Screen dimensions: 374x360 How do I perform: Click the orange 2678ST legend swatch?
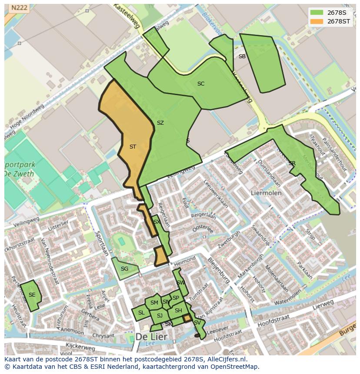tap(317, 21)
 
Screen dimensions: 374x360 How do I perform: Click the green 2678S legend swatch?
tap(317, 12)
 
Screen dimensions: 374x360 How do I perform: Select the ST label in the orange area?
tap(133, 147)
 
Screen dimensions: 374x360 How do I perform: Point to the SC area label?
tap(200, 84)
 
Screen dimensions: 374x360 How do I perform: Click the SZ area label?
tap(160, 123)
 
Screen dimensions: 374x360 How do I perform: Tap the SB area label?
tap(242, 56)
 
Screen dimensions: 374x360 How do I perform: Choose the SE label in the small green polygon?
tap(32, 295)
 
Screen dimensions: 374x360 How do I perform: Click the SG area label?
tap(124, 269)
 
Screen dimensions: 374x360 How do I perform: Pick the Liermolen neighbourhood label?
tap(266, 192)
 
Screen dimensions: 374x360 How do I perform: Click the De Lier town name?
tap(152, 337)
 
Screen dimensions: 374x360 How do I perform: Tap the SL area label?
tap(141, 313)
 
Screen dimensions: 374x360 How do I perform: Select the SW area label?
tap(180, 283)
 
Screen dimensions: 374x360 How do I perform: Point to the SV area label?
tap(197, 323)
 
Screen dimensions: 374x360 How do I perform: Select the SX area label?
tap(157, 222)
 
